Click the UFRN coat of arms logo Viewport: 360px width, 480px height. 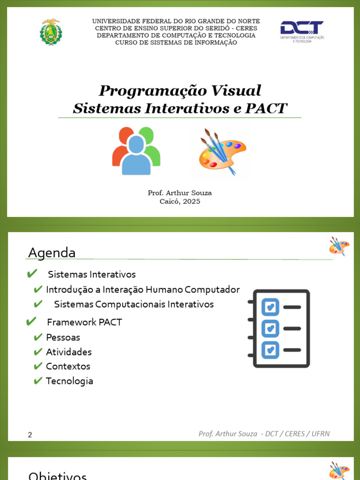50,32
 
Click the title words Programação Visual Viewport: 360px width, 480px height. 180,90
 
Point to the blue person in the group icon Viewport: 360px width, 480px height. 136,155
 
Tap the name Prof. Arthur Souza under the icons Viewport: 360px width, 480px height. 180,193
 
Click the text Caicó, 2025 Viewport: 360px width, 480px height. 180,202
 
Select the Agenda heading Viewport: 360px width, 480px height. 52,253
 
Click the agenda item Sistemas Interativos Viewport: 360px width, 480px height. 92,274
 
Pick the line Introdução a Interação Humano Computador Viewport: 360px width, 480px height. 142,289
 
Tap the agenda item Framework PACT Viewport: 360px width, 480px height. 84,322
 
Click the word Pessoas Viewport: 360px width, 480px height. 63,337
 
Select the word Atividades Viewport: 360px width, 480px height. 68,352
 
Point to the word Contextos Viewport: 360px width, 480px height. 68,366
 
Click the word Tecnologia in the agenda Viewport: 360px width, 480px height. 69,381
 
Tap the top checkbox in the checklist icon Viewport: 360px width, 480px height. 270,307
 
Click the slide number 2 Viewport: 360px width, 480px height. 30,435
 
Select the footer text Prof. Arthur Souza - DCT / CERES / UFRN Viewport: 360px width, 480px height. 264,434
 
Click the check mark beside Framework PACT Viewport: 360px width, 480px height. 31,322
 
